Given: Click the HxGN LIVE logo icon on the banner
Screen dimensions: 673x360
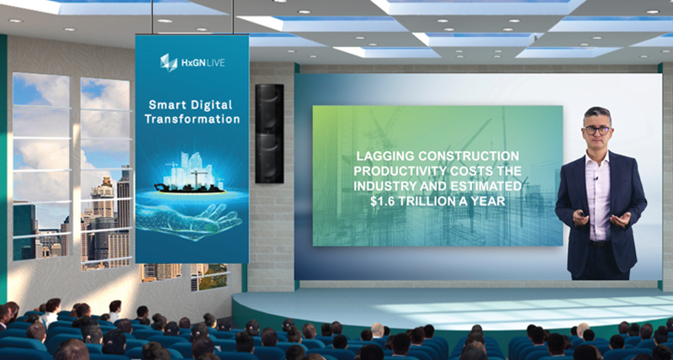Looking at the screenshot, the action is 169,62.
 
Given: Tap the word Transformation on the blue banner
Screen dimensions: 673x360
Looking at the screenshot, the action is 192,119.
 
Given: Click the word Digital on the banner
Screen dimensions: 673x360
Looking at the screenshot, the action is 212,105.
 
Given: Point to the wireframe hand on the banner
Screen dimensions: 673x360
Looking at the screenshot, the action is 188,220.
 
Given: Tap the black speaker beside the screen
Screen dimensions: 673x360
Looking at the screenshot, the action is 269,134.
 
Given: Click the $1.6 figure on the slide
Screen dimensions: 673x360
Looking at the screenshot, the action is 382,201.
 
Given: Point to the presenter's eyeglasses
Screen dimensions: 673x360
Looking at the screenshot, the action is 597,130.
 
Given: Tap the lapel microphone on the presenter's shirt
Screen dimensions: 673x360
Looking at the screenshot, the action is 596,177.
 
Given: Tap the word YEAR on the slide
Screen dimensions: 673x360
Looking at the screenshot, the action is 490,201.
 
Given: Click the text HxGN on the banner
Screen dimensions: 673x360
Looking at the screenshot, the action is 191,62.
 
